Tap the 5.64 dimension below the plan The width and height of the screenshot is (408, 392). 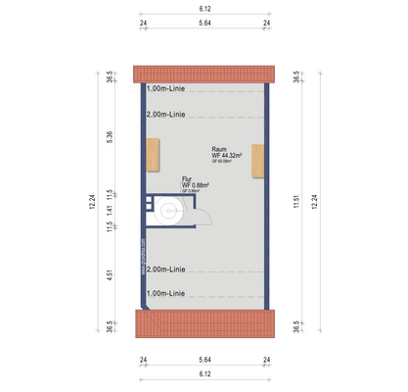tap(204, 360)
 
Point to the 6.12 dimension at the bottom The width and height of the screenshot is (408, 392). tap(204, 373)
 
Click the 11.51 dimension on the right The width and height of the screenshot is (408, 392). tap(295, 202)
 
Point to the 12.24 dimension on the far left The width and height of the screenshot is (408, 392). tap(92, 202)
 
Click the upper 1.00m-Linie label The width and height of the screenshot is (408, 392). tap(165, 88)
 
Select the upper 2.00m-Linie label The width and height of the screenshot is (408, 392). tap(165, 115)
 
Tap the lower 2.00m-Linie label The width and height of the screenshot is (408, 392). tap(165, 269)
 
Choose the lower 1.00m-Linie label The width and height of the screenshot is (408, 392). tap(165, 292)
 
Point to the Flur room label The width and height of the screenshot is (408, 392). tap(187, 178)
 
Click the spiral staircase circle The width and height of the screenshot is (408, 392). tap(168, 209)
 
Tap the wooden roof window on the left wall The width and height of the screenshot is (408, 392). tap(152, 157)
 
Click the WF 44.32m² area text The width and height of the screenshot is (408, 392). tap(232, 155)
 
